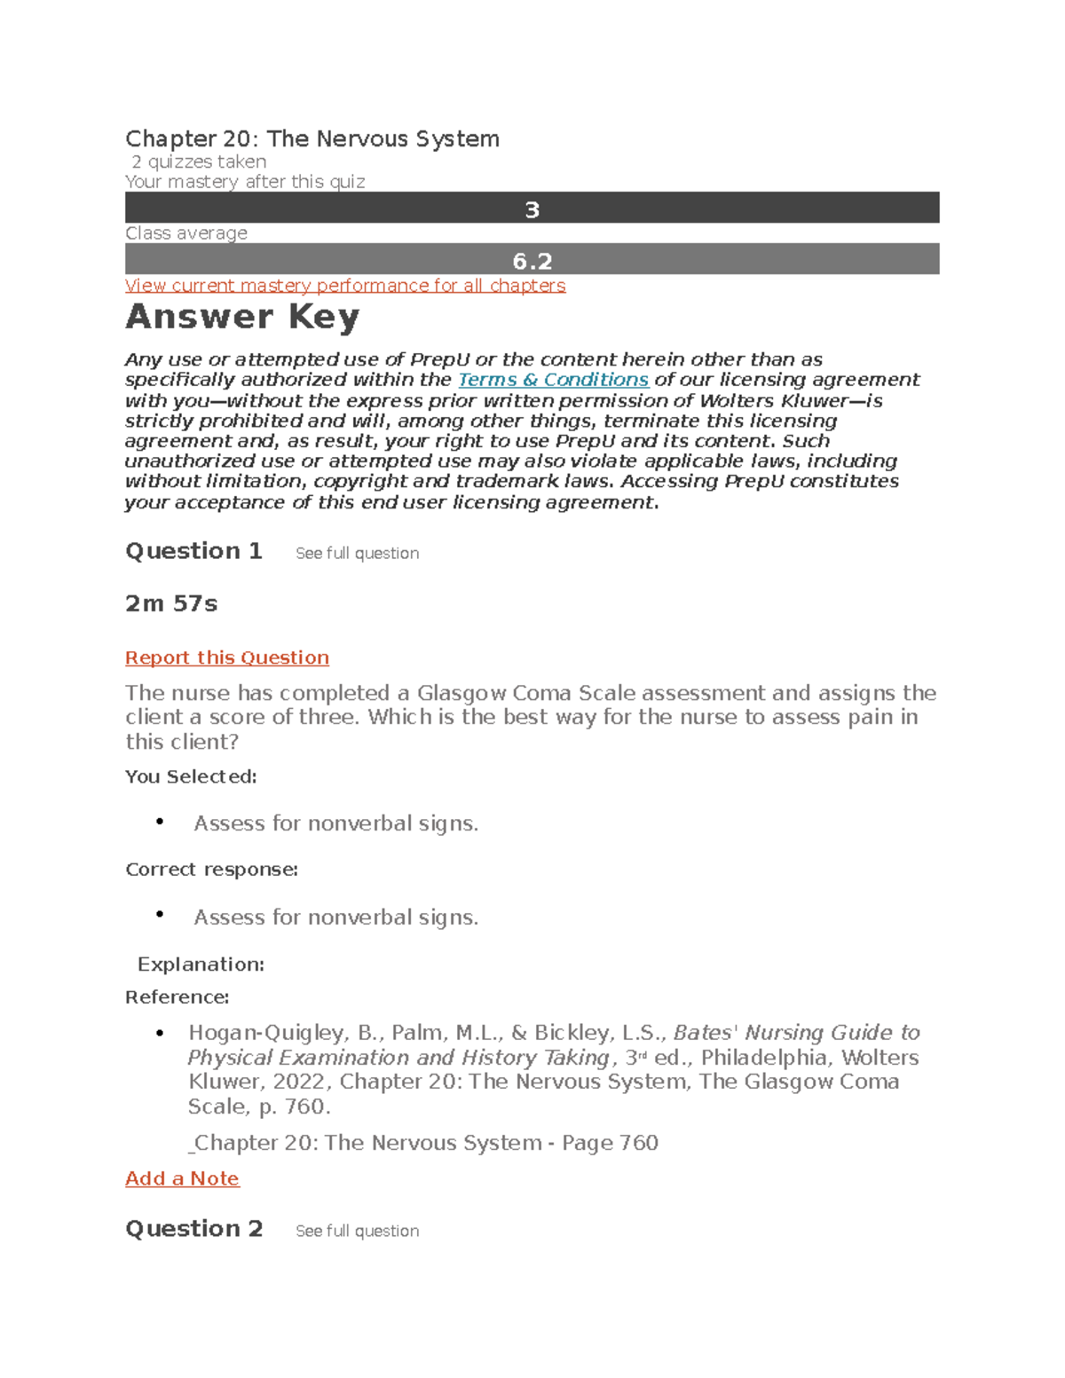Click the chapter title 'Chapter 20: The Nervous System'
(312, 138)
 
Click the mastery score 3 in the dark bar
(532, 209)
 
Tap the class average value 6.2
(532, 261)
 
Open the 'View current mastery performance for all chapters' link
(345, 286)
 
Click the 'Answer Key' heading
(242, 317)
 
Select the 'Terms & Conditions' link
(553, 380)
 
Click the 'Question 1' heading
(193, 551)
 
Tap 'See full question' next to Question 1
(357, 553)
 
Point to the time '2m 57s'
(171, 603)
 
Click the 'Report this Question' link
(227, 658)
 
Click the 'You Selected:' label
(191, 776)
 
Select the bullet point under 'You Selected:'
(160, 822)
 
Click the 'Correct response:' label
(211, 870)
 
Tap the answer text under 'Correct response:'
(335, 917)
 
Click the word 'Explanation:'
(201, 965)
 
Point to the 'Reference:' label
(177, 997)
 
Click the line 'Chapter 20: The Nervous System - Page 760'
(424, 1142)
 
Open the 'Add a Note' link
(182, 1178)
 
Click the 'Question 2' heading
(193, 1229)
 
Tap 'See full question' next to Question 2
(357, 1231)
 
